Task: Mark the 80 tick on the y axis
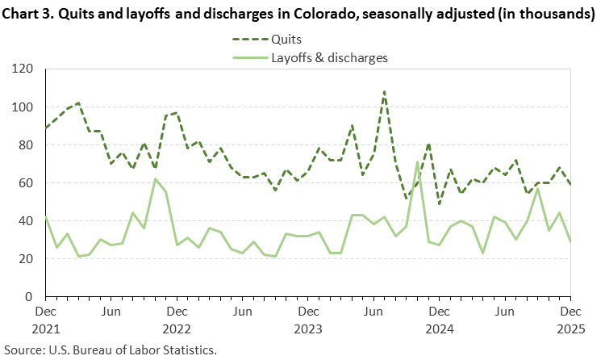(28, 145)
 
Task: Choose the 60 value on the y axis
(28, 183)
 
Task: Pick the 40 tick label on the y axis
(28, 221)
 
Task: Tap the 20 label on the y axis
(28, 259)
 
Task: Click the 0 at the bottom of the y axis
(31, 297)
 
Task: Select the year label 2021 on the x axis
(45, 329)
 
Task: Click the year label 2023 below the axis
(307, 329)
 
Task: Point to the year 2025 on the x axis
(570, 329)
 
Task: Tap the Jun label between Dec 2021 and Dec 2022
(111, 312)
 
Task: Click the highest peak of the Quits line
(384, 91)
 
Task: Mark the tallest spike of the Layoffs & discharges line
(417, 161)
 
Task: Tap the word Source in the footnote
(23, 350)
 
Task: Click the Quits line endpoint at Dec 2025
(570, 184)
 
